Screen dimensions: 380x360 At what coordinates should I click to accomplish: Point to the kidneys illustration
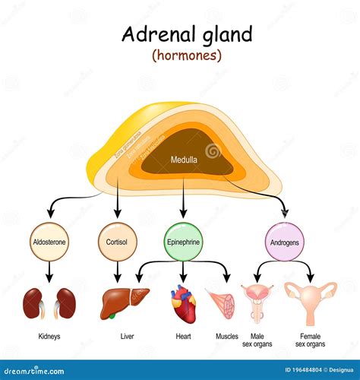[x=49, y=303]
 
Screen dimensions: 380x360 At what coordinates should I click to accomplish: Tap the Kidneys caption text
[x=49, y=334]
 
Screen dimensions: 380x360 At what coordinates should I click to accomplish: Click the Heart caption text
[x=183, y=334]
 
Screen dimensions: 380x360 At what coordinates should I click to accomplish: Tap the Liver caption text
[x=127, y=334]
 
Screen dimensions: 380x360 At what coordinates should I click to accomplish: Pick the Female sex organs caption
[x=310, y=338]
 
